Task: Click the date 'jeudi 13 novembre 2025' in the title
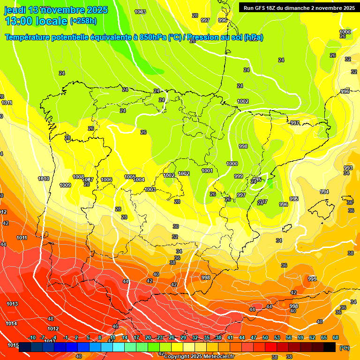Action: [56, 10]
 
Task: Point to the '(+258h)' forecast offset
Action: [83, 21]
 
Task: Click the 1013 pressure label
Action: [12, 304]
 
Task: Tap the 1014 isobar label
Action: [11, 324]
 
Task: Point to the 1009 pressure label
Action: [65, 185]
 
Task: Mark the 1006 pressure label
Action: [106, 180]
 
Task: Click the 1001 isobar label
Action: [207, 171]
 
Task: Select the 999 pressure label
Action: [239, 176]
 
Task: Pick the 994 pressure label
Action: [324, 192]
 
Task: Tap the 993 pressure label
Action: [348, 168]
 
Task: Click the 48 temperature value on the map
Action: [51, 319]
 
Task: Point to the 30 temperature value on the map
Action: [175, 226]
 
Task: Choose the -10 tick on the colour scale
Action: [32, 337]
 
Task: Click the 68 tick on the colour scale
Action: [336, 337]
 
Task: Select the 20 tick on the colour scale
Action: [148, 337]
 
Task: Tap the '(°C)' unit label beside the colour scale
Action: [344, 348]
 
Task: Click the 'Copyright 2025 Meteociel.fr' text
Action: [199, 356]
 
